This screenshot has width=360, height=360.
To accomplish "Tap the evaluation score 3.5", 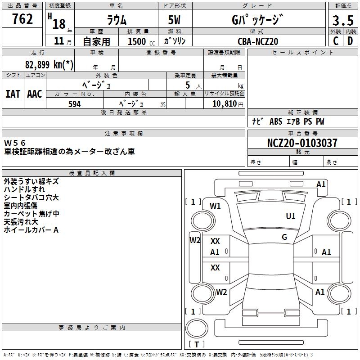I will click(342, 21).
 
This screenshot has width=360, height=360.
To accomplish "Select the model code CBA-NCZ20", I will click(258, 41).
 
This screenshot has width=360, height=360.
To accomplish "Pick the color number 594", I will click(75, 104).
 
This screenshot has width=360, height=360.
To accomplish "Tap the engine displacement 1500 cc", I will click(137, 41).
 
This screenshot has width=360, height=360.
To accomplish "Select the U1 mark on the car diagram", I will click(291, 216).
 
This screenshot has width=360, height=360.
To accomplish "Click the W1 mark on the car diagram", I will click(216, 206).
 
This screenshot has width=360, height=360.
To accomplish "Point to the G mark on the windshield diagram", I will click(284, 237).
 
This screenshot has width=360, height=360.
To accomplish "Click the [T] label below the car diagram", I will click(197, 345).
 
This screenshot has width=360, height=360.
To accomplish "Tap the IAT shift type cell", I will click(13, 94).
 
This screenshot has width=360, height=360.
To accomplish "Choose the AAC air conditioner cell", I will click(35, 94).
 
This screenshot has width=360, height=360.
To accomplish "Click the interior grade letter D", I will click(350, 41).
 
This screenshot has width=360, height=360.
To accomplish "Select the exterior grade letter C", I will click(335, 41).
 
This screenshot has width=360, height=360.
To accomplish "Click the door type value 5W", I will click(175, 20).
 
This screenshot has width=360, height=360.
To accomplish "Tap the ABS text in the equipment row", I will click(275, 121).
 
